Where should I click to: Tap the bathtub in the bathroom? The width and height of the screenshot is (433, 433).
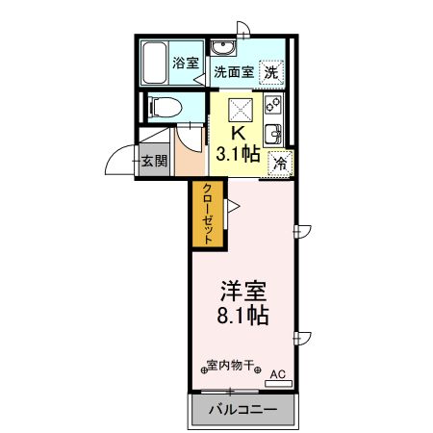[x=155, y=64]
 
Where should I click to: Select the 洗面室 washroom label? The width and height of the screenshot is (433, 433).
[x=233, y=71]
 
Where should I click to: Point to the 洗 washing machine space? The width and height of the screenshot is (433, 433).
[x=272, y=71]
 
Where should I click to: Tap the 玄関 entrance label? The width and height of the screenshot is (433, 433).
[x=154, y=160]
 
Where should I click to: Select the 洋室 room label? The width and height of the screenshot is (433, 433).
[x=244, y=289]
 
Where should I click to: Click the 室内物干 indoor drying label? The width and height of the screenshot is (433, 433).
[x=230, y=365]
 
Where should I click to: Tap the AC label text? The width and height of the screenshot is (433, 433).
[x=277, y=373]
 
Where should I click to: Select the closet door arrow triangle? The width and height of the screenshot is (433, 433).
[x=231, y=204]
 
